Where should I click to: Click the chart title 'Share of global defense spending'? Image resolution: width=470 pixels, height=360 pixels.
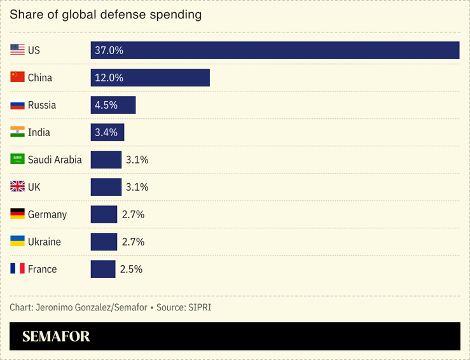click(x=106, y=15)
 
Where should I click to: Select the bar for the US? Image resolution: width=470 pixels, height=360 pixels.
click(x=275, y=50)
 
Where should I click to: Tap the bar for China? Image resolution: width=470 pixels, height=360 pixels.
click(x=150, y=78)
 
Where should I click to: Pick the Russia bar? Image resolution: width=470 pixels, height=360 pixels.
click(x=113, y=105)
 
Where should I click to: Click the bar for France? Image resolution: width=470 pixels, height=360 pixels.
click(x=103, y=269)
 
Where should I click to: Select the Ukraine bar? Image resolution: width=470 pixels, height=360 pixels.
click(x=104, y=242)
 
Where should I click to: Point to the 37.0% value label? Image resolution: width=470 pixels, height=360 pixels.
click(x=109, y=50)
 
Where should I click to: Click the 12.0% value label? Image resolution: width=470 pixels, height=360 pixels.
click(x=109, y=78)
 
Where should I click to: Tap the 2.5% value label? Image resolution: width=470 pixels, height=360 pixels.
click(x=131, y=269)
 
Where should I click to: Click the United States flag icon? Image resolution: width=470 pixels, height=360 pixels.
click(x=17, y=50)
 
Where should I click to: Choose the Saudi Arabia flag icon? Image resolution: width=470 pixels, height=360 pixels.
click(x=17, y=159)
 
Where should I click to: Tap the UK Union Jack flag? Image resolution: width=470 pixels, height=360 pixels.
click(x=17, y=186)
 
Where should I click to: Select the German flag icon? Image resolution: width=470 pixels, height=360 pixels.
click(x=17, y=214)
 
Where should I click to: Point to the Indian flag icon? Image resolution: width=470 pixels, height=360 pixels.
click(x=17, y=132)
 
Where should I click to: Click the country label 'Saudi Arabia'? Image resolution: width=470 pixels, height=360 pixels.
click(x=55, y=160)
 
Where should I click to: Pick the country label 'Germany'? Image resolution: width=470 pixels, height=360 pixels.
click(x=47, y=214)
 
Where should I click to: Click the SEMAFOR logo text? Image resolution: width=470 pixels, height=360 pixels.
click(x=56, y=336)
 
